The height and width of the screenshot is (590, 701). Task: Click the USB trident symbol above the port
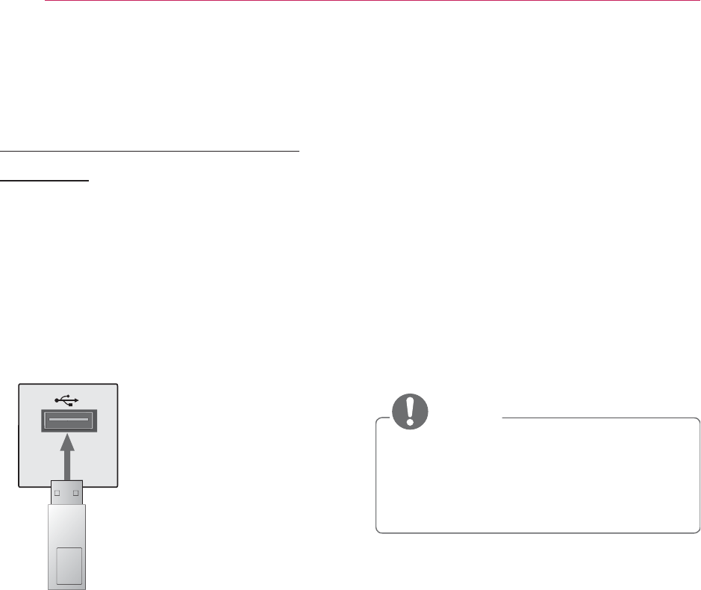tap(67, 398)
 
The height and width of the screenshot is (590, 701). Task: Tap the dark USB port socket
tap(67, 422)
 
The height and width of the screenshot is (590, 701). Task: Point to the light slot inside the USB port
tap(67, 422)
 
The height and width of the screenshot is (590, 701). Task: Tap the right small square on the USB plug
tap(76, 492)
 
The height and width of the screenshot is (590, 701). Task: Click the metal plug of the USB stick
tap(67, 493)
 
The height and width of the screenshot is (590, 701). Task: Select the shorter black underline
tap(45, 180)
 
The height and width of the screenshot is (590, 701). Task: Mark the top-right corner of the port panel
tap(116, 384)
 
